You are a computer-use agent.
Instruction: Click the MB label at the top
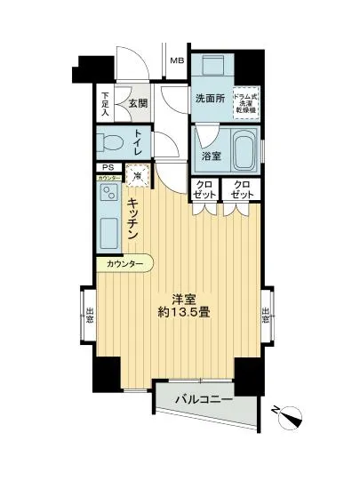tap(178, 60)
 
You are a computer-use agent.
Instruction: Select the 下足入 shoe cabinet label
tap(105, 105)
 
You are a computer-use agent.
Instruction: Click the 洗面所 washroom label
tap(209, 99)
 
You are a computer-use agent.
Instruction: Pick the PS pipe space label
tap(108, 168)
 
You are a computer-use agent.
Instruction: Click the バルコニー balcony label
tap(205, 401)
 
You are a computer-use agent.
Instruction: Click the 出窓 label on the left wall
tap(91, 316)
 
